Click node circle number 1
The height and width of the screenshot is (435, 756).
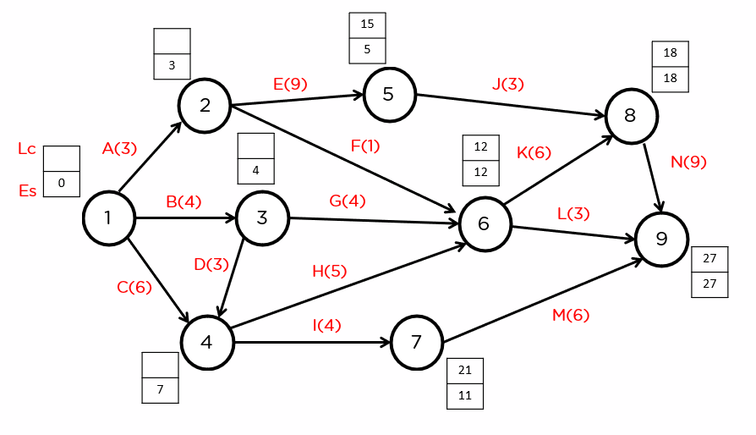click(108, 218)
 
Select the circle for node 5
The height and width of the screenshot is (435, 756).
click(389, 94)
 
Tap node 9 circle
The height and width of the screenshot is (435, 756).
click(662, 240)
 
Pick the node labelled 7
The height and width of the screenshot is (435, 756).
click(416, 343)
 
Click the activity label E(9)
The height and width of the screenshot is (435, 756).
click(290, 84)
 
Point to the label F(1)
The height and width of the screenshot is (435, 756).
click(365, 146)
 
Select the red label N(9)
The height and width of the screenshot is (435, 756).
click(688, 162)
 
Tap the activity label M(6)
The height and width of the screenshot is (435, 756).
click(571, 316)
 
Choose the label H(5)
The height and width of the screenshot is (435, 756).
click(330, 271)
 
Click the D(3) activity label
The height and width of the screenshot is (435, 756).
click(211, 264)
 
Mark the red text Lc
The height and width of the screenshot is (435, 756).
click(27, 150)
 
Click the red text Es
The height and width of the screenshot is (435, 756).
click(27, 191)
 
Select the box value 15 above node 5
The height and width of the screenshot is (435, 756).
click(367, 25)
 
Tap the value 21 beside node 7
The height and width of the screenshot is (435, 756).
click(465, 371)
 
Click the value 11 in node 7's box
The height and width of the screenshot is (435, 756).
click(465, 396)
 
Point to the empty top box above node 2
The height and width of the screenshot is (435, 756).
click(172, 41)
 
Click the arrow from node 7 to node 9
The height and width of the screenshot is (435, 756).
click(541, 302)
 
